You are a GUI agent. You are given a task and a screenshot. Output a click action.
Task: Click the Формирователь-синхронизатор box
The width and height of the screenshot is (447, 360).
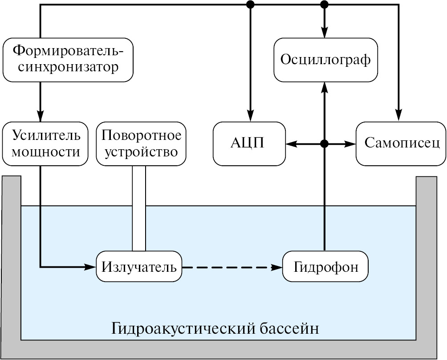[68, 60]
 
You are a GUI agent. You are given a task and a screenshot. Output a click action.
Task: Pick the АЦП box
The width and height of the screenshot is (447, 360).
[249, 143]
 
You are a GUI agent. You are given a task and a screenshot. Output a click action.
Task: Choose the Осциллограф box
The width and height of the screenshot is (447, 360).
[325, 60]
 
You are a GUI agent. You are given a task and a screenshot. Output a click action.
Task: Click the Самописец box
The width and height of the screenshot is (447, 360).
[401, 143]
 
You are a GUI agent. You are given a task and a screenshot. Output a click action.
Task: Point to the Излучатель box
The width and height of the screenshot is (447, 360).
[139, 267]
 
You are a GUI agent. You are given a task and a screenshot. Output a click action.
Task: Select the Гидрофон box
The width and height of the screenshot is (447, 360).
[326, 267]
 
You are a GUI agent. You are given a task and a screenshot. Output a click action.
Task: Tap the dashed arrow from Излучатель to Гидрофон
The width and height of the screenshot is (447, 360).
[232, 267]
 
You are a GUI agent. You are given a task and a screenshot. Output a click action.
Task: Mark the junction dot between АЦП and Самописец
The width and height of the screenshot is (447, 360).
[325, 143]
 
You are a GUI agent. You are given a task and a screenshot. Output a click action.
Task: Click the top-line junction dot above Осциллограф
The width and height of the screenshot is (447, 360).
[325, 4]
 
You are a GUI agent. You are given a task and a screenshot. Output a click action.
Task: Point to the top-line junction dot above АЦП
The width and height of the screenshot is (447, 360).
[251, 4]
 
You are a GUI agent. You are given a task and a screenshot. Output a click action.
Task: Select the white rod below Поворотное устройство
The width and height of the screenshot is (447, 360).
[139, 209]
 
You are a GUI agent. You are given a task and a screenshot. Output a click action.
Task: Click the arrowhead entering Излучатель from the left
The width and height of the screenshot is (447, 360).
[91, 267]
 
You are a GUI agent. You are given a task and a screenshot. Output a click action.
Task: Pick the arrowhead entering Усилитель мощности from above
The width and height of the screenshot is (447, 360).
[41, 117]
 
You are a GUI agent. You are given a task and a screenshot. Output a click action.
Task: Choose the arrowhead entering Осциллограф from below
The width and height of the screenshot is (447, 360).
[325, 87]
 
